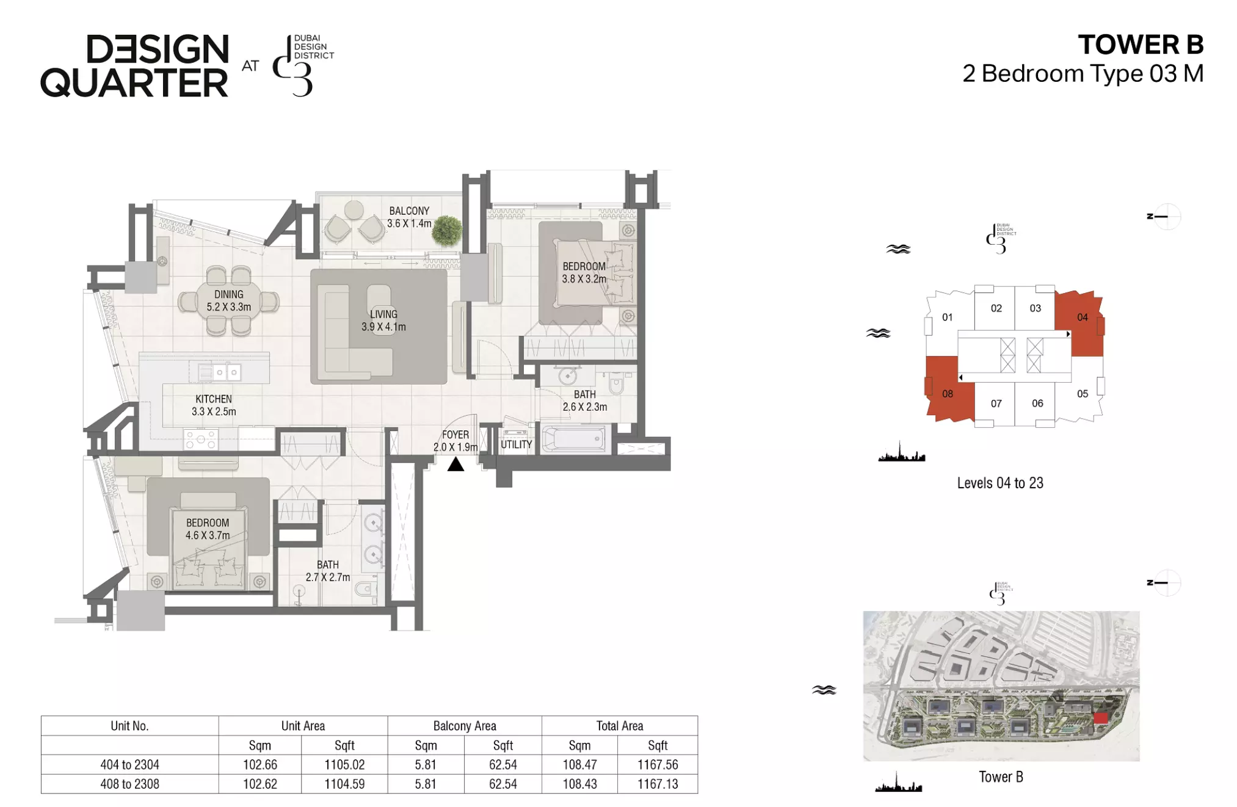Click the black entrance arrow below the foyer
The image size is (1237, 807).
[455, 465]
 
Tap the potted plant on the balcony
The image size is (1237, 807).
[448, 231]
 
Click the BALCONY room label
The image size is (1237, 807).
[409, 211]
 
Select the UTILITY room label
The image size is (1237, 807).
[517, 444]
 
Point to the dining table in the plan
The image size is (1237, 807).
[228, 300]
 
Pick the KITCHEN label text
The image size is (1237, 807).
[214, 399]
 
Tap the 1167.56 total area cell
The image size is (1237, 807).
[658, 764]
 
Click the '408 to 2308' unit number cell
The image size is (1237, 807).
[129, 784]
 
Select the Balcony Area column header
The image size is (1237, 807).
[465, 726]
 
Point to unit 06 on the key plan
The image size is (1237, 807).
[1037, 403]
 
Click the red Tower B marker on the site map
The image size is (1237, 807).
[1100, 718]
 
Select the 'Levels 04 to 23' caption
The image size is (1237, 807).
[1000, 483]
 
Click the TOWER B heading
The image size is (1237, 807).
[1141, 45]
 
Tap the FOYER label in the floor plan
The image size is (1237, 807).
[455, 435]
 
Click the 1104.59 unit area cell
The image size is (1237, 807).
[344, 784]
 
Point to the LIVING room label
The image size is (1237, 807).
[383, 314]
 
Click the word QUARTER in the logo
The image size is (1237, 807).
[134, 83]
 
